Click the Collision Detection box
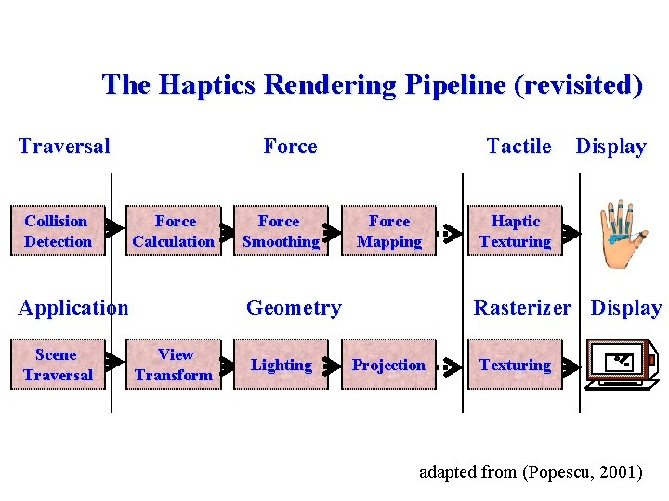click(x=58, y=231)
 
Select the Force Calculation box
click(x=174, y=231)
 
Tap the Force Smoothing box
click(x=280, y=231)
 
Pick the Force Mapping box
click(x=388, y=231)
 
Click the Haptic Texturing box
click(x=515, y=231)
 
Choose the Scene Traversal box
click(x=58, y=365)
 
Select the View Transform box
click(x=174, y=365)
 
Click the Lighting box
click(x=281, y=365)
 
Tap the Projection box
click(x=388, y=365)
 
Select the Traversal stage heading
click(x=64, y=146)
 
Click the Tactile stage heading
click(x=518, y=146)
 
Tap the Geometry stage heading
click(x=294, y=307)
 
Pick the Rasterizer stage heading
click(x=522, y=307)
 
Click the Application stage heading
click(x=73, y=307)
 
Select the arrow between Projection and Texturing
click(x=450, y=366)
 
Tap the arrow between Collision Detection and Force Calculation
click(x=113, y=228)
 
